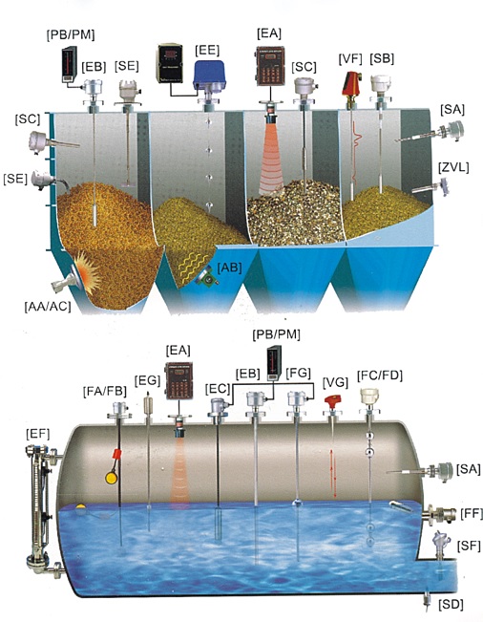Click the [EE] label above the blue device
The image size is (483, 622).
tap(207, 51)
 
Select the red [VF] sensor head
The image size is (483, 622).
tap(350, 85)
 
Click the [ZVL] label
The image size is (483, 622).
tap(453, 167)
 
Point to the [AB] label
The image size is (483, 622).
tap(229, 268)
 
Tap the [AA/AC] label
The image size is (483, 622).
tap(48, 307)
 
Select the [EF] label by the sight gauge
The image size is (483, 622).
tap(37, 434)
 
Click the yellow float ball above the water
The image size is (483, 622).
tap(112, 478)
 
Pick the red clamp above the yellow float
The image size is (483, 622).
tap(116, 455)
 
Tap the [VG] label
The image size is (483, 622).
tap(336, 382)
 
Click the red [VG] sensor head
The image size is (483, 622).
tap(333, 401)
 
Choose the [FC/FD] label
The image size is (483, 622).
tap(380, 375)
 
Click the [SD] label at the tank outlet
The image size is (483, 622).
tap(451, 605)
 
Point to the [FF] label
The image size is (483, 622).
tap(472, 513)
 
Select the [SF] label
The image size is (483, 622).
tap(469, 546)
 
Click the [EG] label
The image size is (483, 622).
tap(147, 381)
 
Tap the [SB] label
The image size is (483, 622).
tap(382, 58)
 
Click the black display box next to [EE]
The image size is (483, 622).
tap(170, 64)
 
